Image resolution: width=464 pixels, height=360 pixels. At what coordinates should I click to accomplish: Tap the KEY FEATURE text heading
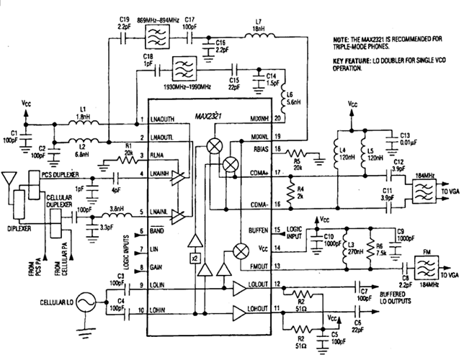click(347, 62)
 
